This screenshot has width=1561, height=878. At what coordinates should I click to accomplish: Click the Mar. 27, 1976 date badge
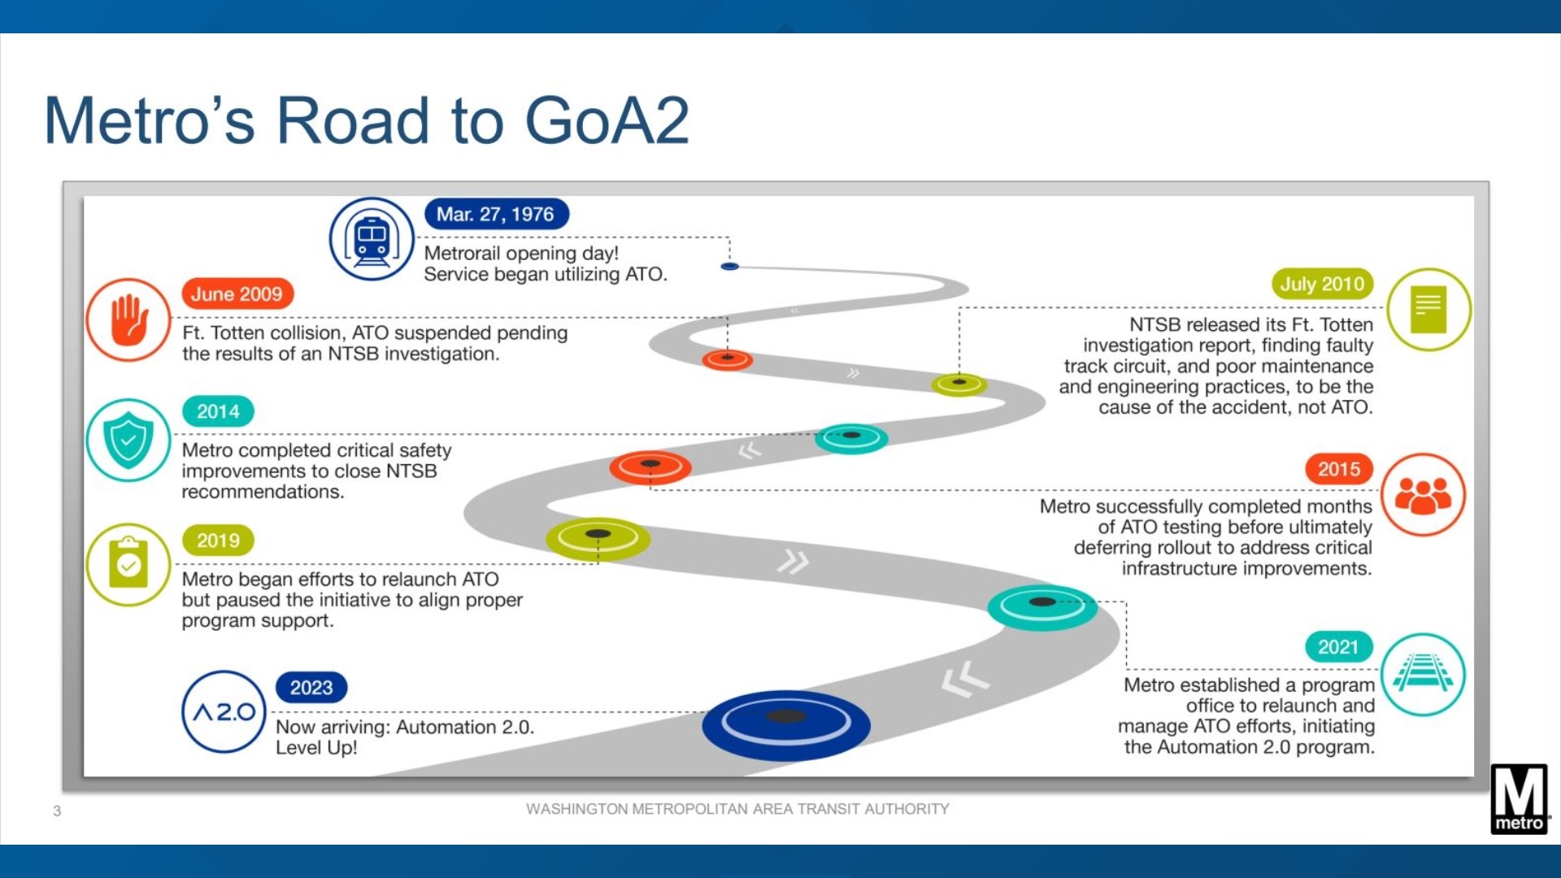496,215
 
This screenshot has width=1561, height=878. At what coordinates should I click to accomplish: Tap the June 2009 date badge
237,294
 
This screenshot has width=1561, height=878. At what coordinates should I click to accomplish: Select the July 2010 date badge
1321,284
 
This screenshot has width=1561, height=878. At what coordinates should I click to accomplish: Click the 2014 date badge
218,411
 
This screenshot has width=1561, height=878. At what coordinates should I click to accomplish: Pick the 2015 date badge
1338,469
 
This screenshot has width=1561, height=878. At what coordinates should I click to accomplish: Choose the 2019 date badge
218,541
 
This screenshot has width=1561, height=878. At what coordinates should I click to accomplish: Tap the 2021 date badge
1338,647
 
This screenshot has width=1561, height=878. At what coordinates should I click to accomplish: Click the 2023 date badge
311,688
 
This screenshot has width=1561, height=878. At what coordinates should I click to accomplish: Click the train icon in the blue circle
372,240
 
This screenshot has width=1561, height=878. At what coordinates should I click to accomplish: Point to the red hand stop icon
128,320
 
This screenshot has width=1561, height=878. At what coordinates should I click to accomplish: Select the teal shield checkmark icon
128,441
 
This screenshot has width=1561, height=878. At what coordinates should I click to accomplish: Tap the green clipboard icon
128,564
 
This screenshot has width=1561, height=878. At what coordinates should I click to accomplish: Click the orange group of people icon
1423,495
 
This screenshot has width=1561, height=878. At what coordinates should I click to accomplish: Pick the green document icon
1428,310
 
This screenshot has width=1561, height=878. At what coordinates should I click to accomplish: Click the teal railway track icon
1423,674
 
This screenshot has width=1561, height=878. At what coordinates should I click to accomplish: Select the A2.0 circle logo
224,712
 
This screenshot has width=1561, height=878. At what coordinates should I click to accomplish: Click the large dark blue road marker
785,724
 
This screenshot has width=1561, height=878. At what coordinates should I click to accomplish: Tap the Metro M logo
1519,798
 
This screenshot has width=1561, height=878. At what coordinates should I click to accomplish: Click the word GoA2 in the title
607,121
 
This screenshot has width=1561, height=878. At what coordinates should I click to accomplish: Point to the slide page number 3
57,811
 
